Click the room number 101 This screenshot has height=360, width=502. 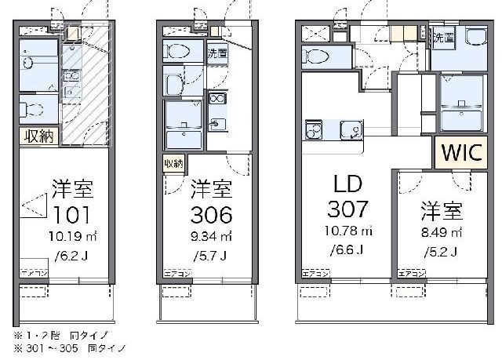click(x=73, y=214)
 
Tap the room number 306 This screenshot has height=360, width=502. click(x=211, y=214)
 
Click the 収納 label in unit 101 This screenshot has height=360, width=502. click(x=37, y=136)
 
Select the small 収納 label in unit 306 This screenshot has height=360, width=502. click(x=173, y=163)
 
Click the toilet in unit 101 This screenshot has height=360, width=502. click(x=31, y=107)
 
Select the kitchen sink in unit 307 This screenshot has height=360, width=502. click(x=351, y=129)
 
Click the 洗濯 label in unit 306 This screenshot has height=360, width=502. click(x=217, y=53)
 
